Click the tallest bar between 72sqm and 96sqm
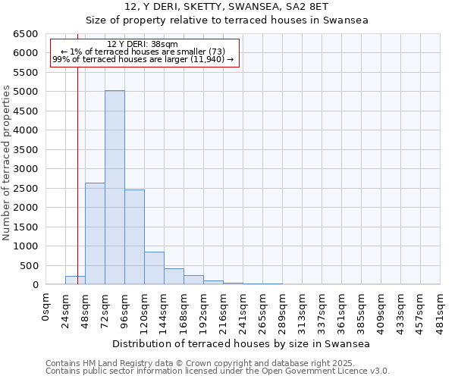pos(115,187)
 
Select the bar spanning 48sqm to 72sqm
pos(95,233)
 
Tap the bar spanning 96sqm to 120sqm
pos(134,236)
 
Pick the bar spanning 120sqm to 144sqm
pos(154,268)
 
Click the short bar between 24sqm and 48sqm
pos(75,280)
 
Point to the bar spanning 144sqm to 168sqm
pos(174,277)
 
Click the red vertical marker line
pos(77,152)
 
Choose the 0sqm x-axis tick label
pos(46,309)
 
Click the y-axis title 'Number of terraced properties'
pos(8,163)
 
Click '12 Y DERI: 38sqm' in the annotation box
pos(143,45)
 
